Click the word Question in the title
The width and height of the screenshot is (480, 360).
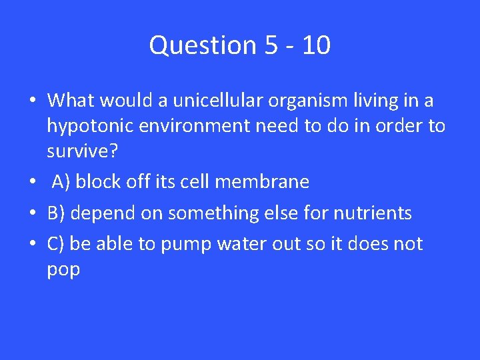pos(193,45)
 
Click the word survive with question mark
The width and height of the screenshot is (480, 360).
pos(83,151)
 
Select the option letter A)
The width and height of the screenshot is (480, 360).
pos(61,182)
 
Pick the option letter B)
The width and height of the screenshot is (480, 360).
pos(56,213)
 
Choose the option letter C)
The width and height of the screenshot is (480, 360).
pos(56,245)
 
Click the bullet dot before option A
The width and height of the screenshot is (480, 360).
pos(32,182)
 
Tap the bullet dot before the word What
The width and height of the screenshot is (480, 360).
pos(32,101)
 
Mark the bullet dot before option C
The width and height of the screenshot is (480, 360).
pos(32,245)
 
